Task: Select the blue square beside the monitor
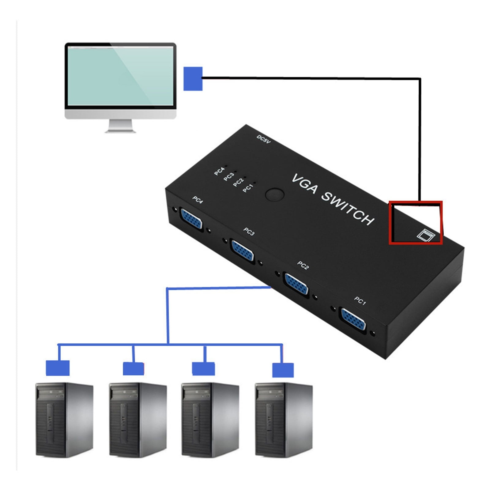pyautogui.click(x=193, y=79)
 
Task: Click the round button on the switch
pyautogui.click(x=275, y=194)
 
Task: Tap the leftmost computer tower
pyautogui.click(x=64, y=419)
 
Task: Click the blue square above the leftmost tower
pyautogui.click(x=58, y=368)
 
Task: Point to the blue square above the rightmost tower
pyautogui.click(x=283, y=370)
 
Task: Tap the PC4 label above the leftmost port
pyautogui.click(x=198, y=200)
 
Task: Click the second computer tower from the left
pyautogui.click(x=138, y=419)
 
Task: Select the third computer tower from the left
pyautogui.click(x=210, y=419)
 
